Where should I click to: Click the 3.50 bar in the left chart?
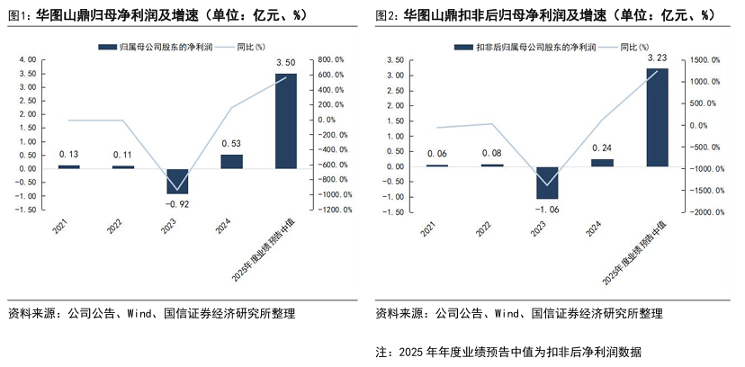click(285, 121)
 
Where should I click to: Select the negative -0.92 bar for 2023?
click(177, 181)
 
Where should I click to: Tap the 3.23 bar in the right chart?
click(657, 117)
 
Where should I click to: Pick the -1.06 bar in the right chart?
click(547, 183)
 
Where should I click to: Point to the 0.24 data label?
click(602, 148)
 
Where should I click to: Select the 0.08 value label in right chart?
click(492, 153)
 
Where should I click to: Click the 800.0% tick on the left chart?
click(333, 59)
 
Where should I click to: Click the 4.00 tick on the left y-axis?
click(28, 59)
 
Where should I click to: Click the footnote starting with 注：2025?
click(507, 351)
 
